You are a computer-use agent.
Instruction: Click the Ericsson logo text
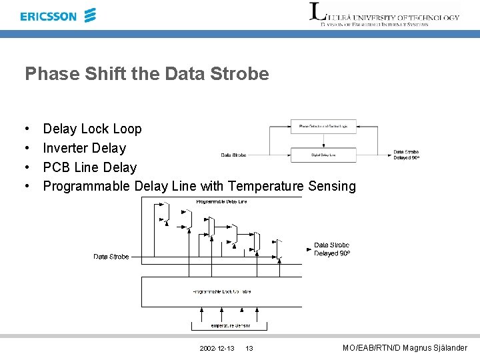tap(49, 16)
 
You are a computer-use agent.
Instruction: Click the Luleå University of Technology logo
tap(385, 15)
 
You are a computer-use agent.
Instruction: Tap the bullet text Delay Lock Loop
tap(92, 129)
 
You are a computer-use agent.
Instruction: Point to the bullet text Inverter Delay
tap(84, 148)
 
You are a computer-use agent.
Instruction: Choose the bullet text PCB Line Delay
tap(89, 167)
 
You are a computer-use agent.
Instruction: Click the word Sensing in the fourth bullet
tap(332, 186)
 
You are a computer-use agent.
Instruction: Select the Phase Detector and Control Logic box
tap(323, 126)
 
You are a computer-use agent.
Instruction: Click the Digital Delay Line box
tap(323, 155)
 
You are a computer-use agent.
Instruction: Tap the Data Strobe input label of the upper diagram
tap(233, 155)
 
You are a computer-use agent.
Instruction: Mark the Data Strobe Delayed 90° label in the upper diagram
tap(406, 155)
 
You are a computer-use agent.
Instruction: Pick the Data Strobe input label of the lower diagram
tap(111, 257)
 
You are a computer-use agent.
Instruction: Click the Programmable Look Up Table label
tap(222, 291)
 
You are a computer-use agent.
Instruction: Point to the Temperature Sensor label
tap(230, 325)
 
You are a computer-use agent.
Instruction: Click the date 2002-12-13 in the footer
tap(217, 349)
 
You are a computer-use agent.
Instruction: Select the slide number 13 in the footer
tap(249, 349)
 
